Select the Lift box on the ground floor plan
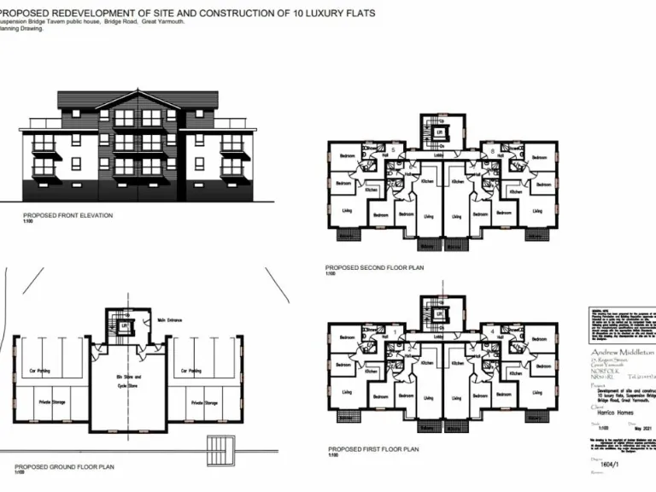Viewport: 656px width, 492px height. [x=123, y=326]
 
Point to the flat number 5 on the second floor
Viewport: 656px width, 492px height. [x=392, y=150]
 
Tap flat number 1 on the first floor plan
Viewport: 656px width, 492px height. [x=395, y=331]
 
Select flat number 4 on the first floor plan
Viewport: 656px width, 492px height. [x=493, y=331]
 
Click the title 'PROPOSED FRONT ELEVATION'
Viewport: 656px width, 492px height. [x=67, y=215]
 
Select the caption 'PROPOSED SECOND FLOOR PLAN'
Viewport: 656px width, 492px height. [x=374, y=267]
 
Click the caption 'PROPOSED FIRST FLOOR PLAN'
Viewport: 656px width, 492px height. [x=372, y=448]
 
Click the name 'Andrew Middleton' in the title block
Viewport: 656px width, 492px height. [x=621, y=352]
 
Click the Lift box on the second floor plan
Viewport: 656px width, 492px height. [x=439, y=134]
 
